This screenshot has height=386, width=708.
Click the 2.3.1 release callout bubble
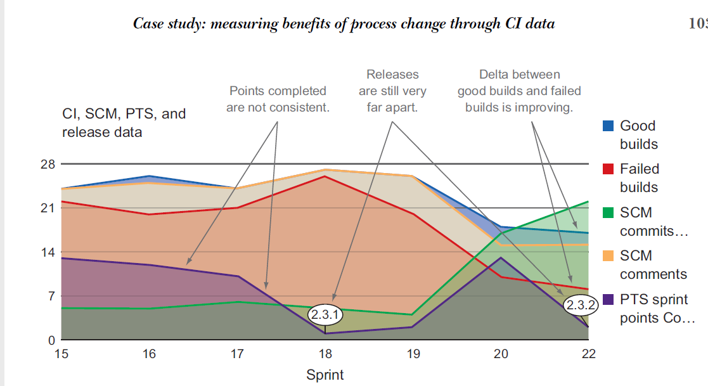coord(325,314)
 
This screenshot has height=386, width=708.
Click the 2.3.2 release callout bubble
coord(581,305)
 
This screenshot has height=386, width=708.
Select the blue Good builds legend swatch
coord(608,125)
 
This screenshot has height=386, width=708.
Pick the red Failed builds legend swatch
coord(608,169)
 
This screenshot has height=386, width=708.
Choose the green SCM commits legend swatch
coord(608,212)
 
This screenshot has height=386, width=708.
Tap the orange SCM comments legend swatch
coord(608,255)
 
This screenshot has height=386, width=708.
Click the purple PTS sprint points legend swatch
coord(608,299)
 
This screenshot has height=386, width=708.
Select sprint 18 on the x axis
coord(325,354)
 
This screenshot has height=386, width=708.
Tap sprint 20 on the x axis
coord(501,354)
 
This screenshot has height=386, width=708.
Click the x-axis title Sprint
coord(325,375)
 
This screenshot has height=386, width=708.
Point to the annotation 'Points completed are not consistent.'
coord(278,99)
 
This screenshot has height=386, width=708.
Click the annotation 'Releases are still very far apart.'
coord(392,91)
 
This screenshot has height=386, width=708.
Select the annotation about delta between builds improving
coord(519,91)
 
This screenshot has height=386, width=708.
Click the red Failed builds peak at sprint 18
coord(325,176)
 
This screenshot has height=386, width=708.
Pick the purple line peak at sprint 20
coord(501,257)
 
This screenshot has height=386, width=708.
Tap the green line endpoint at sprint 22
coord(588,202)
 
